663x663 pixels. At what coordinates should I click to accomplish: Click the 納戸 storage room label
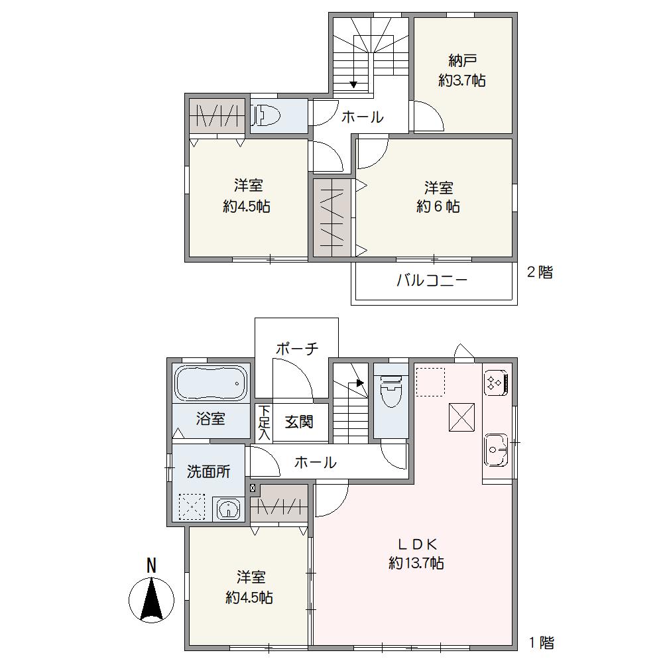pos(463,61)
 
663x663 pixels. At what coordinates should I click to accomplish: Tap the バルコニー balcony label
pos(432,280)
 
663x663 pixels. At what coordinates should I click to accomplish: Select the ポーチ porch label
pos(297,349)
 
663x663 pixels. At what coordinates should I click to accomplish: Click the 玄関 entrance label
pos(299,422)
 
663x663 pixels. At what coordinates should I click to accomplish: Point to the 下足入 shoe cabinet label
pos(265,423)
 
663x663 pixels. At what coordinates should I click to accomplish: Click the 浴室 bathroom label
pos(210,419)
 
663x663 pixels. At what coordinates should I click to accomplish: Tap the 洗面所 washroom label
pos(208,471)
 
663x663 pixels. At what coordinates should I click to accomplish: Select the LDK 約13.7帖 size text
pos(416,563)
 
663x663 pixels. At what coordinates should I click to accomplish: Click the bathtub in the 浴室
pos(211,383)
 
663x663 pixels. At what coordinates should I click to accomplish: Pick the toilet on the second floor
pos(265,115)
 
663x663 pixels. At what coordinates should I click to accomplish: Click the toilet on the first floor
pos(391,392)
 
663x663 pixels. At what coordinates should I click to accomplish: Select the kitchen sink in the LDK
pos(495,450)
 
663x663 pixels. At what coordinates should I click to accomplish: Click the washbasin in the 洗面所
pos(229,509)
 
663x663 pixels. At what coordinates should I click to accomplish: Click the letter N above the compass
pos(151,566)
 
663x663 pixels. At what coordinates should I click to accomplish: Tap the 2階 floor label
pos(540,272)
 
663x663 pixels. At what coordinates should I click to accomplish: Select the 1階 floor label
pos(541,642)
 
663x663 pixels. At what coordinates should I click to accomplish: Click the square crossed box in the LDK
pos(461,417)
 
